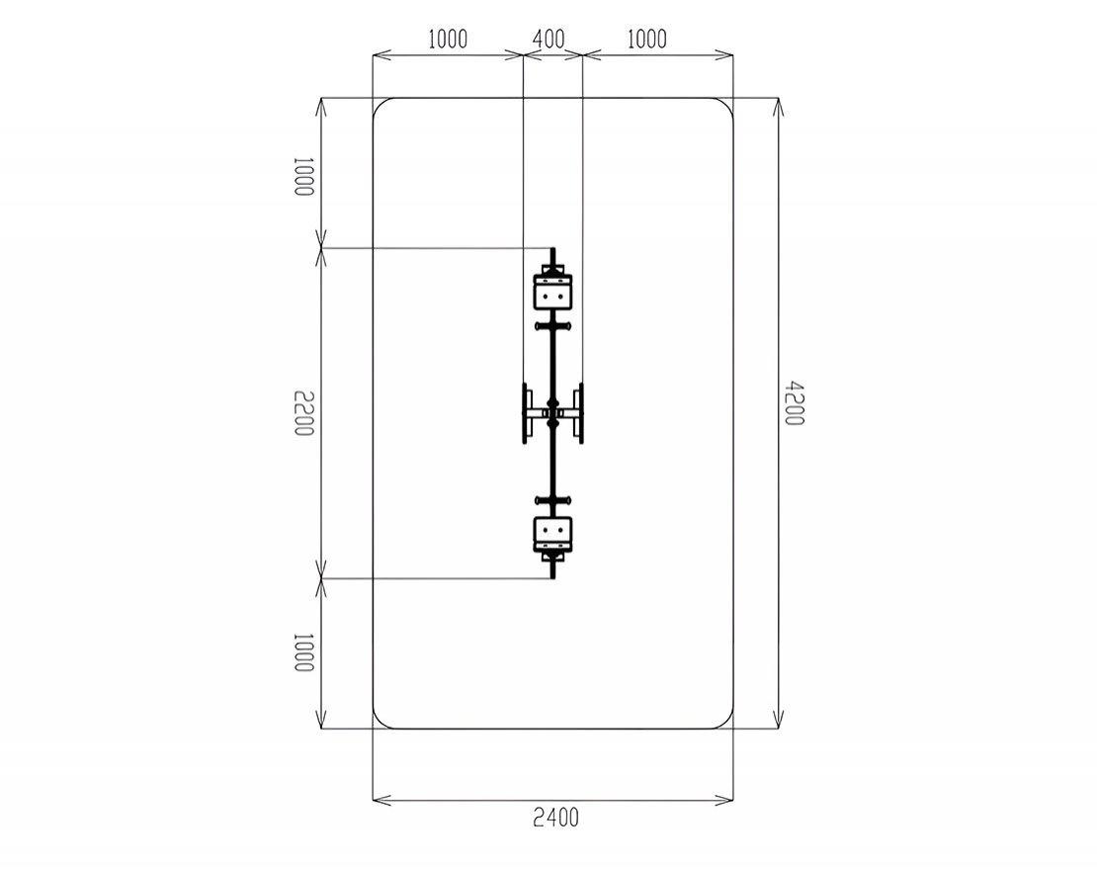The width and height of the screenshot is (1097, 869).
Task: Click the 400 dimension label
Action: [x=548, y=39]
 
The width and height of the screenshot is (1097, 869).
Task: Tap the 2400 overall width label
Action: [x=556, y=818]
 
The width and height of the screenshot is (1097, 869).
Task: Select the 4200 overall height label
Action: [x=794, y=403]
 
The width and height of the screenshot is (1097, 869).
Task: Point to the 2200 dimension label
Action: [x=303, y=413]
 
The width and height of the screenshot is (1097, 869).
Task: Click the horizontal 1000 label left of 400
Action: [x=448, y=40]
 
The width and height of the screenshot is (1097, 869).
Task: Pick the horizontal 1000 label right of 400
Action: [x=647, y=40]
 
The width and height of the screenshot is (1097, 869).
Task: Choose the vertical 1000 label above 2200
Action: [x=303, y=177]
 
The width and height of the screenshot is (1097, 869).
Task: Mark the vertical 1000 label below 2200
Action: [x=303, y=652]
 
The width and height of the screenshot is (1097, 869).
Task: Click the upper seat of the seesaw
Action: [x=553, y=291]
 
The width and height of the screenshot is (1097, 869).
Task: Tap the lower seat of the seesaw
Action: [x=553, y=535]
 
